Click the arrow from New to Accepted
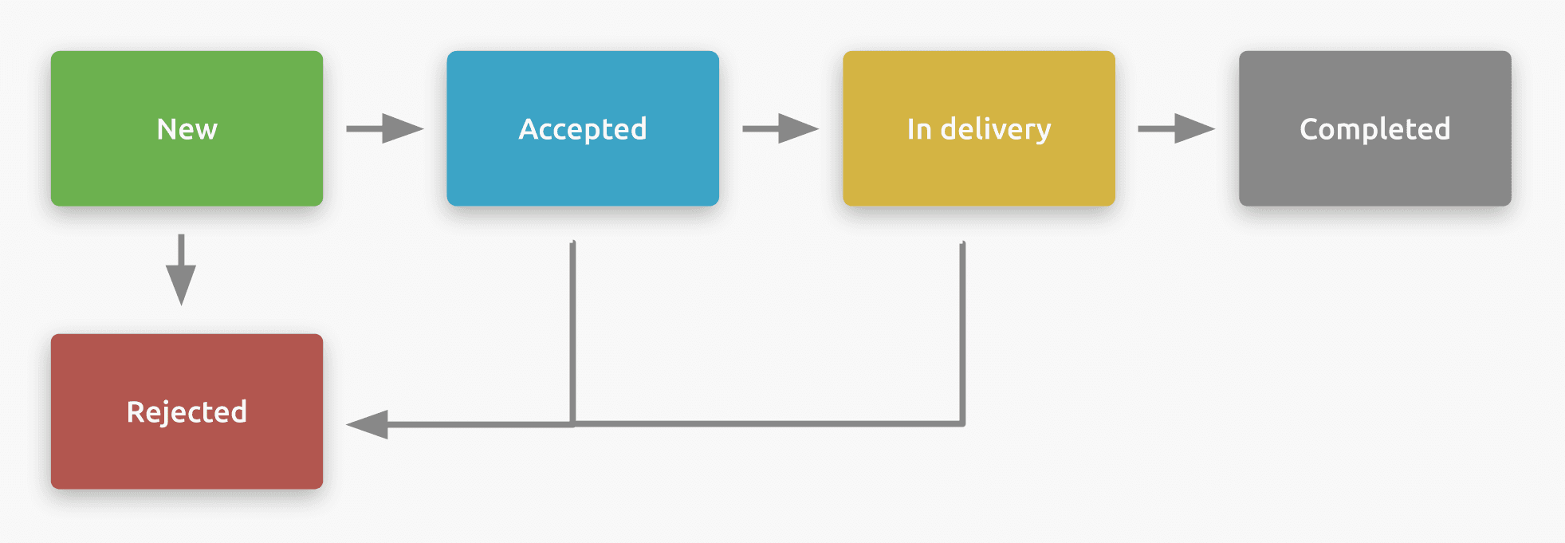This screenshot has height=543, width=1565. coord(384,128)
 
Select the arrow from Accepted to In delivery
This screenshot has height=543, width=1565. coord(780,128)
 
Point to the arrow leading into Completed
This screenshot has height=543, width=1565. coord(1176,128)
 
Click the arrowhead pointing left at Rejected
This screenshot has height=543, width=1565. coord(368,424)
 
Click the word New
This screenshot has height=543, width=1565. coord(187,129)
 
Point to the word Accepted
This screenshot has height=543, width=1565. coord(583,129)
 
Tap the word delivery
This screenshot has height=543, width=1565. coord(996,129)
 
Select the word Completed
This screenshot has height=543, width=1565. coord(1374,129)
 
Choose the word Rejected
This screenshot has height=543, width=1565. coord(187,412)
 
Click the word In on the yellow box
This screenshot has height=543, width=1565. coord(919,129)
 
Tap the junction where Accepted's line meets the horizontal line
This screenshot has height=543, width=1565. coord(572,423)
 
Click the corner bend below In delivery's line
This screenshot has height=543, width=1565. coord(962,423)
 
